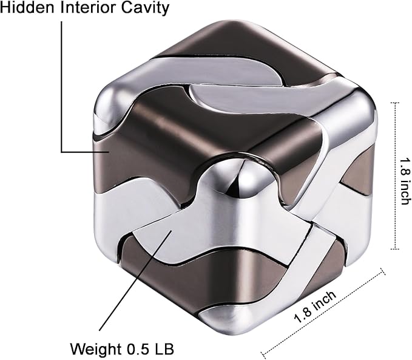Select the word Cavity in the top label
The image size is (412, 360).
point(146,8)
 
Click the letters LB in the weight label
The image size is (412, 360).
point(166,350)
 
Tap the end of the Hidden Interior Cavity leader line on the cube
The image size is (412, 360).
point(109,152)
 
